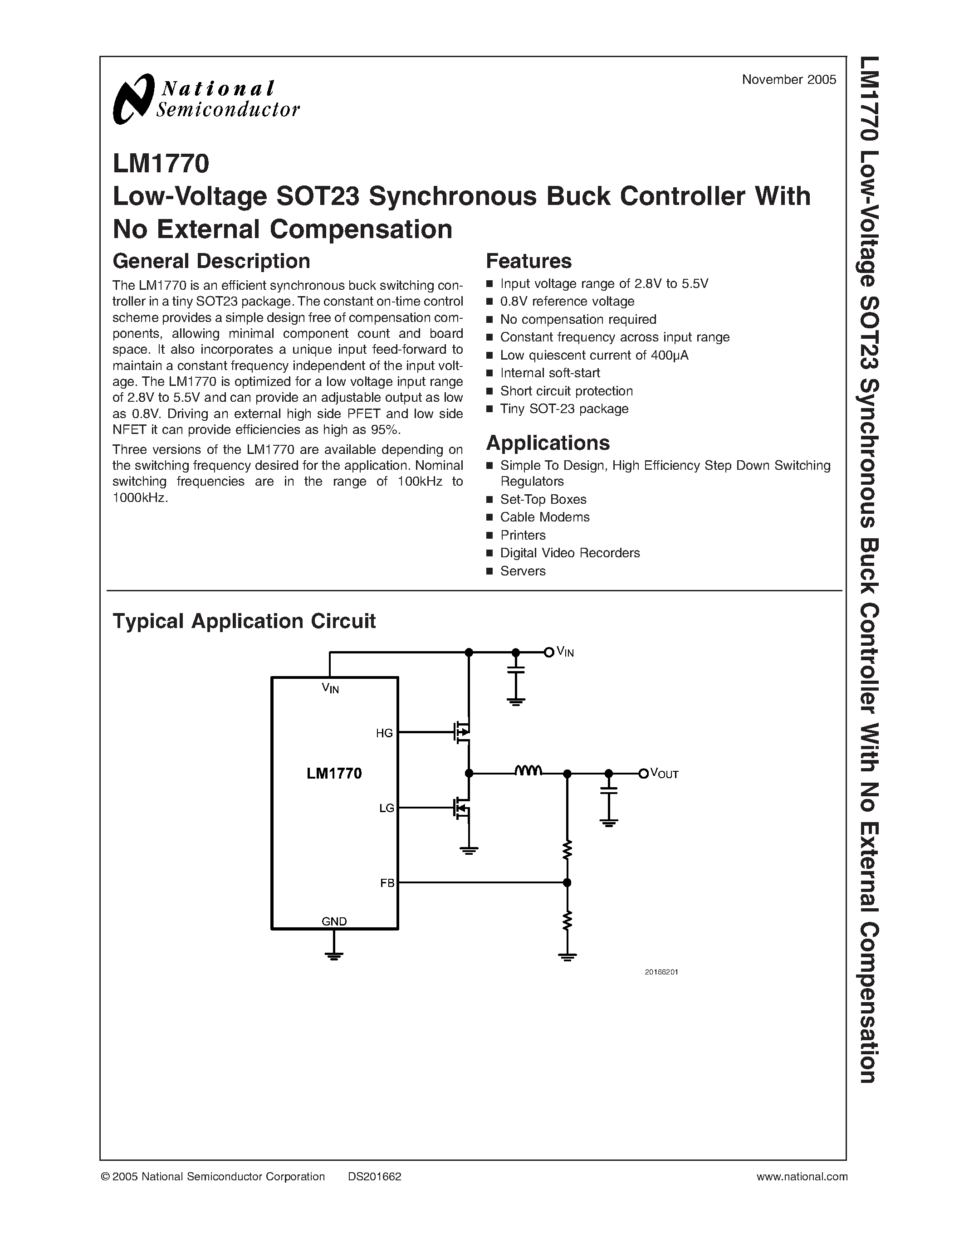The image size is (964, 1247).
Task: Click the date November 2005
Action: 789,80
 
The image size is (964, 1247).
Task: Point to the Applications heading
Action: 547,443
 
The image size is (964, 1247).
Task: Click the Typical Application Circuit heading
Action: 244,621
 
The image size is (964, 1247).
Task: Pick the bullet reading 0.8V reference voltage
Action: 567,301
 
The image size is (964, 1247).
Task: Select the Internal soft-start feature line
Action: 549,373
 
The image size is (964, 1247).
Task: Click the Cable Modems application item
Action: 544,517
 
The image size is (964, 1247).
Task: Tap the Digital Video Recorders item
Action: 569,553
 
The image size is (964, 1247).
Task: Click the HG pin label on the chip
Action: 384,733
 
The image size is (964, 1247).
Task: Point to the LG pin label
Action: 386,808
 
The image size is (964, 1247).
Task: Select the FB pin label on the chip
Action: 387,883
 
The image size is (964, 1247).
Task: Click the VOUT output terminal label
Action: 664,774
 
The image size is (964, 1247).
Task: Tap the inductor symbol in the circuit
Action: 528,771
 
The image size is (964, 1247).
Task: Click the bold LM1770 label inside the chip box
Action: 334,773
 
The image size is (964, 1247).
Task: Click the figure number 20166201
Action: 661,972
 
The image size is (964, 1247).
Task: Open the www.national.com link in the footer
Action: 802,1176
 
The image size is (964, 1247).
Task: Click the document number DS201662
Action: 374,1176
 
